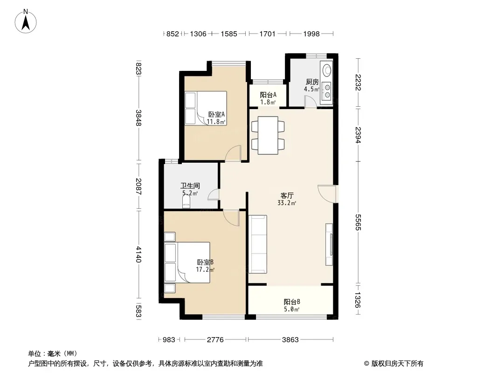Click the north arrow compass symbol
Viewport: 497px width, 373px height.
click(x=26, y=21)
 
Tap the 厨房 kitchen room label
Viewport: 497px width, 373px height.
click(x=312, y=82)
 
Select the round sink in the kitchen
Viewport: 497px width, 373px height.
click(x=326, y=70)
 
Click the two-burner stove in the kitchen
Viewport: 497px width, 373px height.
click(x=327, y=90)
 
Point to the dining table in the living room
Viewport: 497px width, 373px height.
click(x=268, y=135)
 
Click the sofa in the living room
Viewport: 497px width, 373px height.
click(x=257, y=244)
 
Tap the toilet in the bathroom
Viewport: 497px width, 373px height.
click(x=186, y=201)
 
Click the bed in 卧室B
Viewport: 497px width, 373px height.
click(x=187, y=262)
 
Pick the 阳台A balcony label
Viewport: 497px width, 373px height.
click(x=268, y=95)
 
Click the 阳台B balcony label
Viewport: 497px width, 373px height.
click(x=292, y=302)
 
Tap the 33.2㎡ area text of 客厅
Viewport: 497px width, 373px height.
click(x=287, y=203)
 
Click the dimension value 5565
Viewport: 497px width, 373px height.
click(x=358, y=222)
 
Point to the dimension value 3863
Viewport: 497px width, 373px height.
click(x=290, y=340)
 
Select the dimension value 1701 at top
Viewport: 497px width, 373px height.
click(x=268, y=34)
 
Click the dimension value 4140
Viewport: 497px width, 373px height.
click(x=138, y=255)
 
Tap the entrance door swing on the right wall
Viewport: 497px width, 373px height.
click(x=327, y=193)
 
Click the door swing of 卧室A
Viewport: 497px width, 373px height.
click(x=233, y=153)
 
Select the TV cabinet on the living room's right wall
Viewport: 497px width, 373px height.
click(x=329, y=244)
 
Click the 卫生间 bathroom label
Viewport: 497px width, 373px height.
click(x=190, y=186)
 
